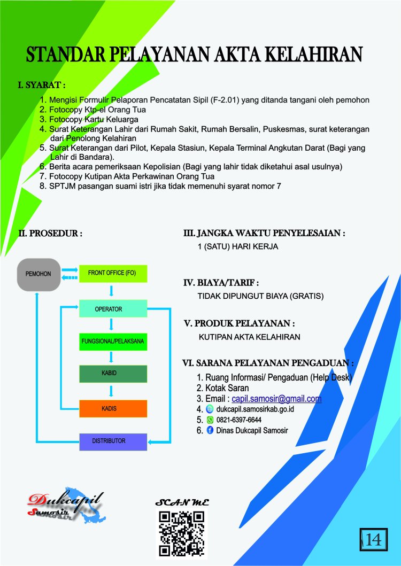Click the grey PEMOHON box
click(x=39, y=274)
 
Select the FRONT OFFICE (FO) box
click(x=113, y=273)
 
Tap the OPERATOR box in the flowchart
click(x=113, y=308)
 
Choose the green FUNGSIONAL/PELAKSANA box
click(x=113, y=342)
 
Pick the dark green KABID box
click(x=113, y=374)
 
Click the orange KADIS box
click(x=113, y=409)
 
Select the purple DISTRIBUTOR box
click(x=113, y=441)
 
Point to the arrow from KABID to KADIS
click(x=111, y=391)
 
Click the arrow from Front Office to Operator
click(x=111, y=291)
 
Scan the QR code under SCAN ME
click(x=182, y=534)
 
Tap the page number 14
click(x=374, y=540)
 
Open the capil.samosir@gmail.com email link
click(x=277, y=399)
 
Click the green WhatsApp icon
click(x=210, y=420)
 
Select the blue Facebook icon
click(x=210, y=430)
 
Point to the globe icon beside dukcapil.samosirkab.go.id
click(x=210, y=409)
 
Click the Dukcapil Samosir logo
click(x=66, y=506)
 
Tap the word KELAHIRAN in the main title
click(x=314, y=55)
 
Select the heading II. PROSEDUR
click(x=50, y=233)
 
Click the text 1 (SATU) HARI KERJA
click(x=238, y=247)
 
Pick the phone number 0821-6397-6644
click(x=239, y=420)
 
